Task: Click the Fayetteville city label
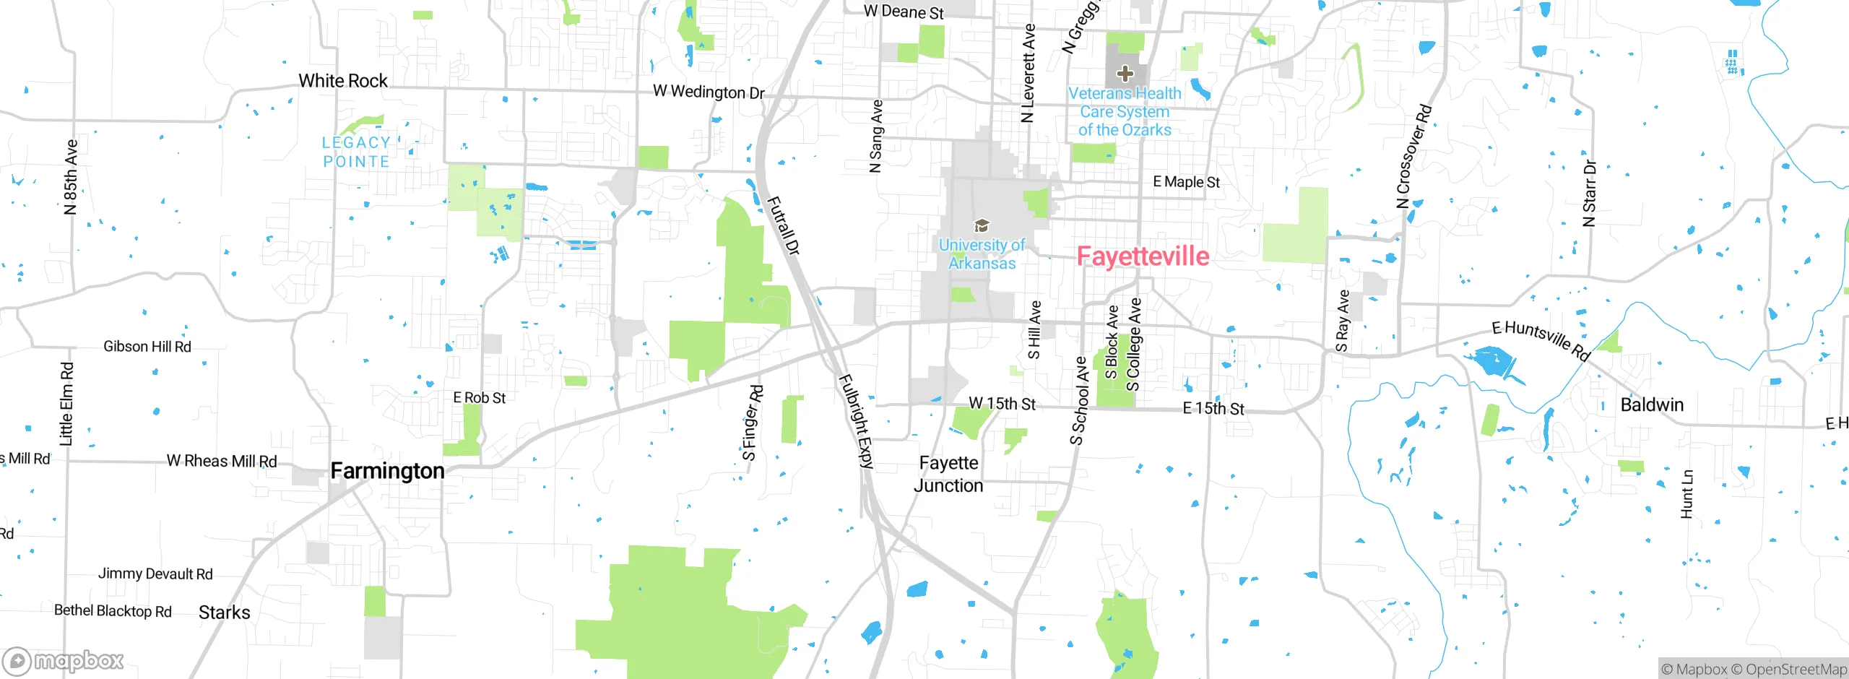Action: pos(1143,256)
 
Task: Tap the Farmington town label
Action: pos(387,471)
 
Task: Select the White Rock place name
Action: pos(343,81)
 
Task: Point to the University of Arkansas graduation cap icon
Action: pos(981,226)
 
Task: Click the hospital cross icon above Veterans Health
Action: pos(1125,73)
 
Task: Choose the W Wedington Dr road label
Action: pos(709,92)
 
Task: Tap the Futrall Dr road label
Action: pos(783,225)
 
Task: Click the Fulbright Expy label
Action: pos(857,422)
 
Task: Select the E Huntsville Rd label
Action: pos(1541,340)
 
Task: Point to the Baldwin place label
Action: pos(1652,405)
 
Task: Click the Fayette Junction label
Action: pos(948,474)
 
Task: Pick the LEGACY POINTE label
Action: pos(356,152)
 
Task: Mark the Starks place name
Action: pos(225,613)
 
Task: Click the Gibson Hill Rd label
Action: pos(147,347)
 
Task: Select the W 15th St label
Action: pos(1002,404)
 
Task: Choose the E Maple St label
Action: pos(1186,182)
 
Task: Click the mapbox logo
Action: pos(64,661)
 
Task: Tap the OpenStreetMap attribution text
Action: pos(1796,670)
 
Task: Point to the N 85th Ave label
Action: pos(71,177)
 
